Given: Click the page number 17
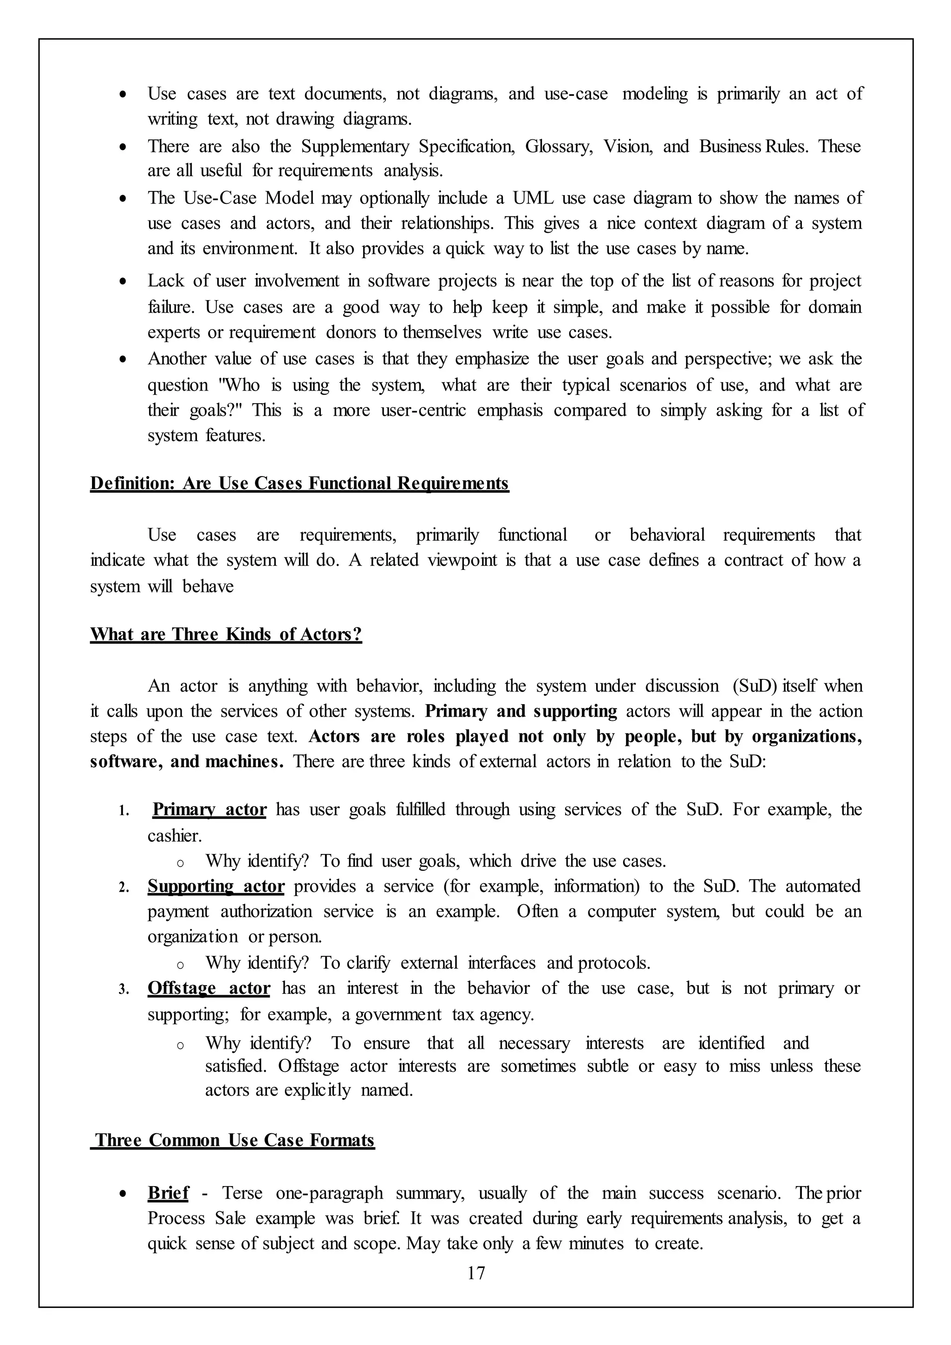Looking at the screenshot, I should pyautogui.click(x=476, y=1273).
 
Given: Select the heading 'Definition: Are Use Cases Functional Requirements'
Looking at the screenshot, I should pyautogui.click(x=299, y=484).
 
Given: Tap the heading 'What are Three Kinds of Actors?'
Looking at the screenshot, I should pyautogui.click(x=226, y=634).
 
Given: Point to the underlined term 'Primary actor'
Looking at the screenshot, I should pyautogui.click(x=209, y=810).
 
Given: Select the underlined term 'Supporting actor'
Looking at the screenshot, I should pyautogui.click(x=215, y=886).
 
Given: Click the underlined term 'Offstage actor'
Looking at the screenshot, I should pyautogui.click(x=208, y=988).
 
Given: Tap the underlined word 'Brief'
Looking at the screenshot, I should pyautogui.click(x=168, y=1193).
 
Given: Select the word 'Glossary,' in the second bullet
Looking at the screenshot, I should pyautogui.click(x=559, y=146).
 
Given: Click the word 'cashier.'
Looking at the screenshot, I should pyautogui.click(x=175, y=836).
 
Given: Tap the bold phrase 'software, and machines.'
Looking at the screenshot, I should pyautogui.click(x=187, y=762).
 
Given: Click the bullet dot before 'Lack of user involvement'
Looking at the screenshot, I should pyautogui.click(x=123, y=282).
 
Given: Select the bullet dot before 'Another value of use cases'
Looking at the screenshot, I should pyautogui.click(x=123, y=359).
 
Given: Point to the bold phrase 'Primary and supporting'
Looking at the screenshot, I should pyautogui.click(x=521, y=711).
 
